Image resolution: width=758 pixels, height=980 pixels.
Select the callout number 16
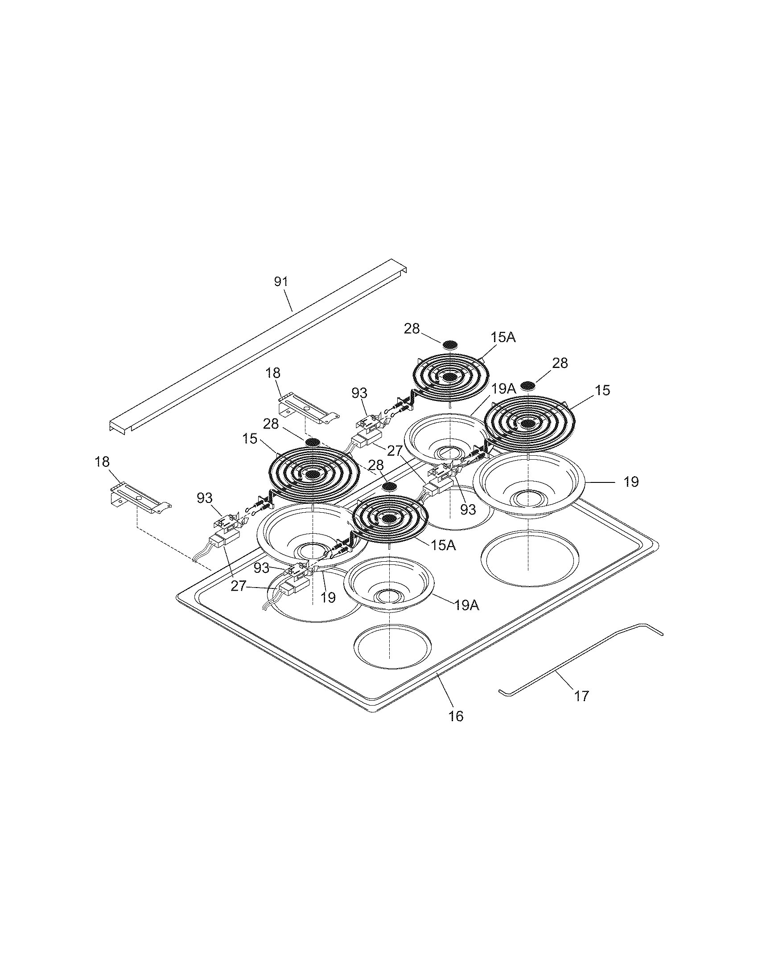[456, 716]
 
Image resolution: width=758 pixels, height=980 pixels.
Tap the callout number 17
[581, 696]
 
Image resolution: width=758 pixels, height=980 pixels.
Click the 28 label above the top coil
[412, 329]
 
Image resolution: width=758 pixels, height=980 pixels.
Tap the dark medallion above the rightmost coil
[528, 385]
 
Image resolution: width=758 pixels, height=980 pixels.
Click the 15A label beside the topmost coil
[503, 338]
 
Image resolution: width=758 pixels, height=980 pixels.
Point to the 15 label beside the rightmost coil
[603, 390]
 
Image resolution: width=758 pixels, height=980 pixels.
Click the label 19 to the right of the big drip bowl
[630, 482]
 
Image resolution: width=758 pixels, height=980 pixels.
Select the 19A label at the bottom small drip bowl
[466, 605]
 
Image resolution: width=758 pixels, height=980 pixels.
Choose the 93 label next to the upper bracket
[359, 393]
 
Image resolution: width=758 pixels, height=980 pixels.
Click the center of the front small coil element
[389, 519]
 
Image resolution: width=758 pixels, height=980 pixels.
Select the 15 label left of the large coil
[250, 438]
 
